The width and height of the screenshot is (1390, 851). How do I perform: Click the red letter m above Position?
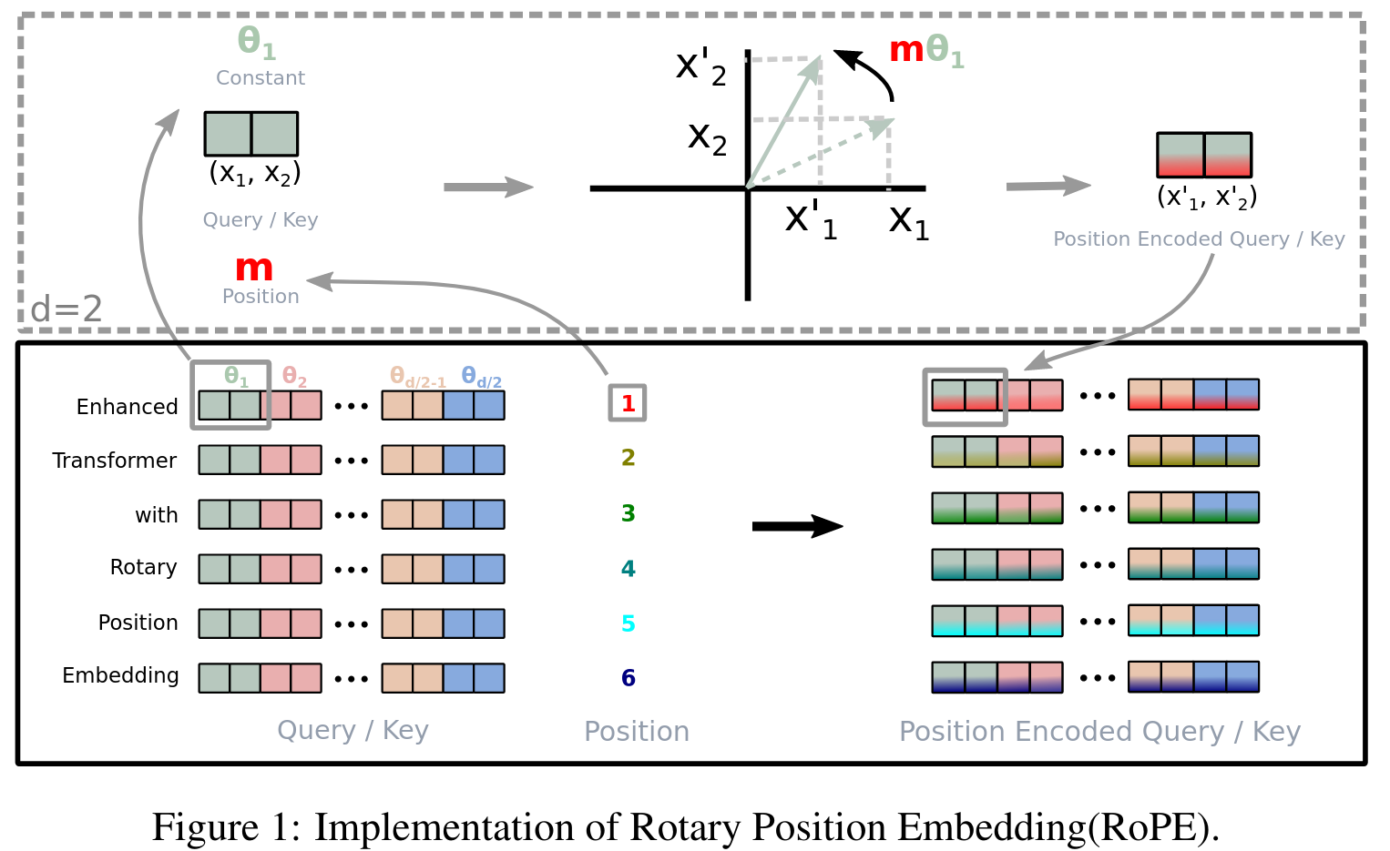[254, 268]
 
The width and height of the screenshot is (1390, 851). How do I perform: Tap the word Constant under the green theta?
[261, 78]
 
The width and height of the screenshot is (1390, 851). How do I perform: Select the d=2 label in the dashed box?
[66, 309]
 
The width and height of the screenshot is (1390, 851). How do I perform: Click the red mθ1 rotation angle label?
[925, 51]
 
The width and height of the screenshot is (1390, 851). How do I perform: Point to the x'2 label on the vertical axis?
[700, 66]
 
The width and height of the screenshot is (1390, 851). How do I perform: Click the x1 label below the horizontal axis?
[909, 220]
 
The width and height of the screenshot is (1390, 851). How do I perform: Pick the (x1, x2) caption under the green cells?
[254, 173]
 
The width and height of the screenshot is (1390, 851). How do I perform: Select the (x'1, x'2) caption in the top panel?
[1207, 198]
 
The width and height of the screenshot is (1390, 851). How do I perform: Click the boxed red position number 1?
[628, 403]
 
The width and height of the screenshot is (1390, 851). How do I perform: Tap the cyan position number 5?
[629, 623]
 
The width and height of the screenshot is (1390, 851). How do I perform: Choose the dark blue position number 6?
[629, 678]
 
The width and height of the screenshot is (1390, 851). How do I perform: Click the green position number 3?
[629, 513]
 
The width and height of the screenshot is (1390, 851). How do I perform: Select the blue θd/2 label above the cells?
[481, 376]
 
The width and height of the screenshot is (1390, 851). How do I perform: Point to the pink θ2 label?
[294, 376]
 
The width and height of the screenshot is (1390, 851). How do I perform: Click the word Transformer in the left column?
[115, 461]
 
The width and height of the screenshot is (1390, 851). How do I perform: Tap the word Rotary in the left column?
[143, 567]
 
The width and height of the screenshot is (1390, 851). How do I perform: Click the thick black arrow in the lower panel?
[797, 526]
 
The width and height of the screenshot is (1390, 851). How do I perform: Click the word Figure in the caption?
[206, 827]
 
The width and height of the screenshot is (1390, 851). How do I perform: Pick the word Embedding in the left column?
[120, 675]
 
